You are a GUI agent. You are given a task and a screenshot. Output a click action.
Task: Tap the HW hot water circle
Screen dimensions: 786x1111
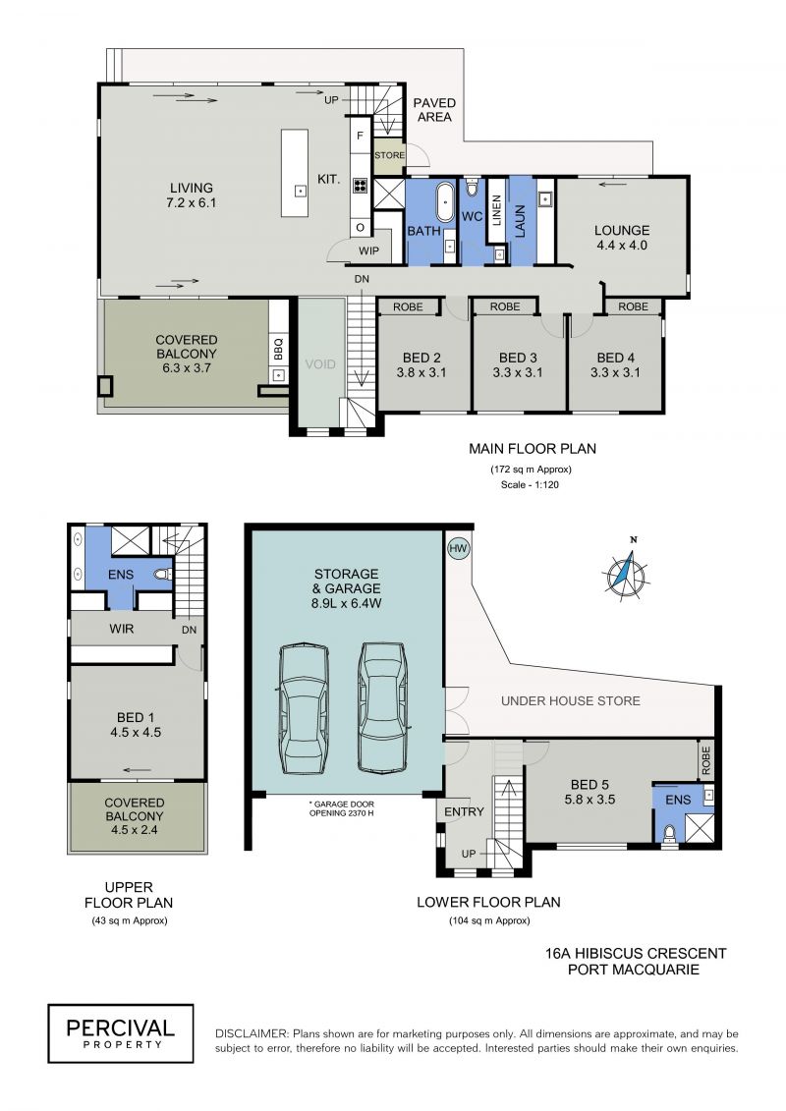coord(459,548)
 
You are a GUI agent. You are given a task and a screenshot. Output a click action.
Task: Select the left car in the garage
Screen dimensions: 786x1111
coord(304,708)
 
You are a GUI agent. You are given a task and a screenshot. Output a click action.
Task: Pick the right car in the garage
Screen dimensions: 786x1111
coord(383,706)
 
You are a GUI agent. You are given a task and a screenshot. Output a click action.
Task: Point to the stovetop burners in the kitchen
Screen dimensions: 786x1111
coord(360,186)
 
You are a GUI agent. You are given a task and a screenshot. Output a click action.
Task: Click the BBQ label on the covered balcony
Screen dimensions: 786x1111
coord(278,348)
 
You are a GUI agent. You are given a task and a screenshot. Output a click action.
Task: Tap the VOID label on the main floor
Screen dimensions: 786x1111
coord(320,364)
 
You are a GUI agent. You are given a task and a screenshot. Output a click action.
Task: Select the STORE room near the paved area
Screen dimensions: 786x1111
coord(389,155)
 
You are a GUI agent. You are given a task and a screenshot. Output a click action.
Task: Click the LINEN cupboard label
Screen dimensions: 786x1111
coord(496,211)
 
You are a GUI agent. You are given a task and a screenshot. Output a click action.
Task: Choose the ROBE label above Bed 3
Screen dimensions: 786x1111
coord(505,306)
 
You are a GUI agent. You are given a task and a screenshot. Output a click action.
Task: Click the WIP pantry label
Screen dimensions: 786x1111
coord(368,250)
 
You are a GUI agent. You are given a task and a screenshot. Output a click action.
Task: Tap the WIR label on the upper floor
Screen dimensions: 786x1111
coord(121,628)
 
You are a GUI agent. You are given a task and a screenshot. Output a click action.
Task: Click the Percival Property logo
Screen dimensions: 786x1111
coord(121,1033)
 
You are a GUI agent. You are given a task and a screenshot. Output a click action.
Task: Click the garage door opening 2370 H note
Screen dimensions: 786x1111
coord(342,808)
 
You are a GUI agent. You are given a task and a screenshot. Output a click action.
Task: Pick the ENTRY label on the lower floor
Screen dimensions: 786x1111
coord(464,811)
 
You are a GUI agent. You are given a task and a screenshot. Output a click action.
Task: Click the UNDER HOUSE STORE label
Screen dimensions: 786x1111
coord(571,700)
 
